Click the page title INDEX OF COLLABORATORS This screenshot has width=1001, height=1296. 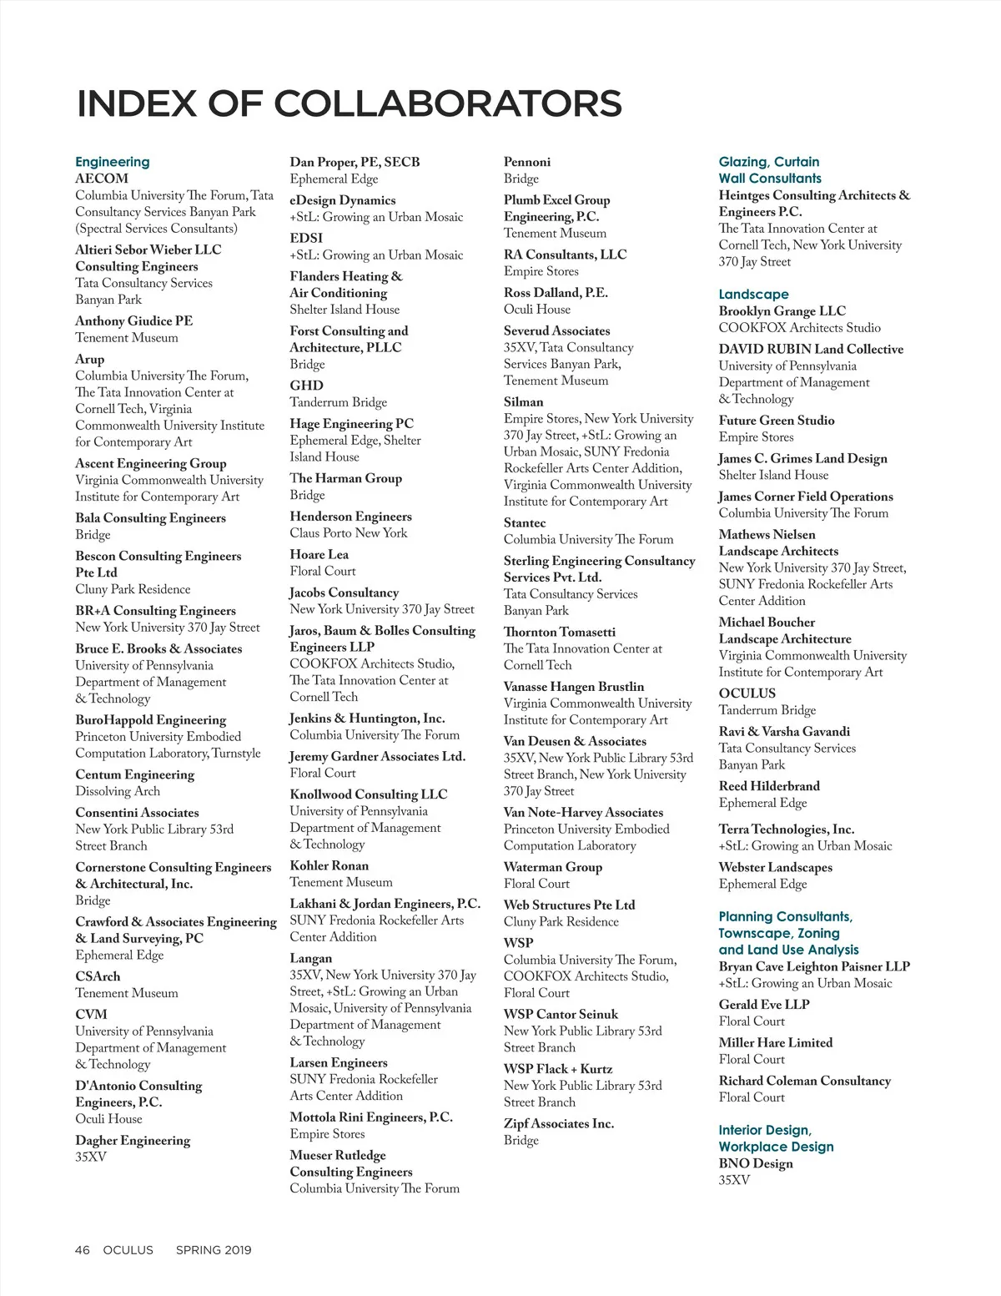pyautogui.click(x=349, y=103)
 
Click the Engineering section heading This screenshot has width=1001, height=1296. pyautogui.click(x=113, y=162)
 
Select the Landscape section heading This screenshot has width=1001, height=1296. pyautogui.click(x=753, y=294)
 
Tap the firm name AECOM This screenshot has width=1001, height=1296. pyautogui.click(x=102, y=179)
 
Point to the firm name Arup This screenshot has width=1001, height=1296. pyautogui.click(x=90, y=359)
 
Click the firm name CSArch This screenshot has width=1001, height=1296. pyautogui.click(x=98, y=976)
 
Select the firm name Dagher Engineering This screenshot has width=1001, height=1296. pyautogui.click(x=133, y=1140)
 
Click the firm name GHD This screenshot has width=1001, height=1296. pyautogui.click(x=306, y=386)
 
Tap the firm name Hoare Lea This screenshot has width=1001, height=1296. pyautogui.click(x=319, y=554)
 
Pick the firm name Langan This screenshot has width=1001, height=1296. pyautogui.click(x=311, y=959)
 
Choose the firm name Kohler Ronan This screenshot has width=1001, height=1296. pyautogui.click(x=329, y=865)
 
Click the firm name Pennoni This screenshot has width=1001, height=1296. pyautogui.click(x=527, y=162)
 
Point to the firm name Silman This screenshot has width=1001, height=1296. pyautogui.click(x=524, y=401)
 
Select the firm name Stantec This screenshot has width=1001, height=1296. pyautogui.click(x=525, y=522)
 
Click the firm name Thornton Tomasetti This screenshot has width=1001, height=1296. pyautogui.click(x=560, y=632)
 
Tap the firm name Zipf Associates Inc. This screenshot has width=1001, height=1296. pyautogui.click(x=559, y=1123)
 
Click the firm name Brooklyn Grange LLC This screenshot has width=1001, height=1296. pyautogui.click(x=782, y=310)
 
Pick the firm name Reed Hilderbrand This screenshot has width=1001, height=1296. pyautogui.click(x=769, y=786)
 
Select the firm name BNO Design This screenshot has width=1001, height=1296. pyautogui.click(x=756, y=1163)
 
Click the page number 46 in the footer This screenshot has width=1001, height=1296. pyautogui.click(x=82, y=1249)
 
